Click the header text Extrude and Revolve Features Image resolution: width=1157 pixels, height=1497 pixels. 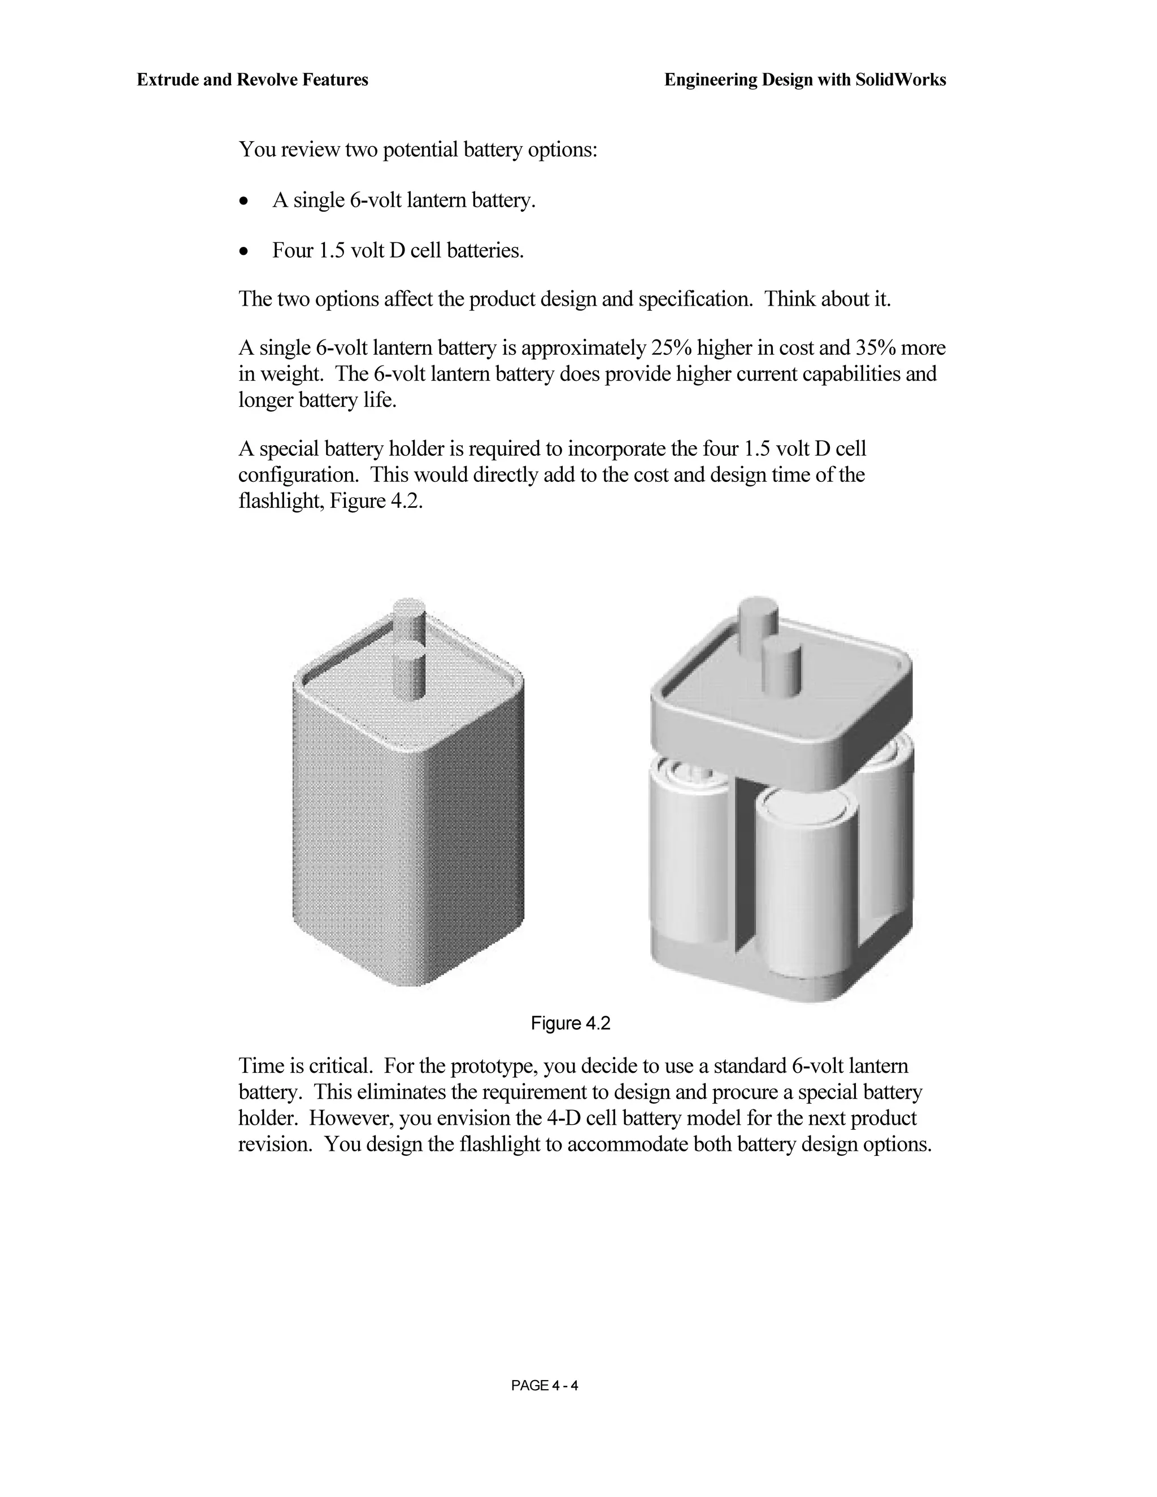[x=252, y=80]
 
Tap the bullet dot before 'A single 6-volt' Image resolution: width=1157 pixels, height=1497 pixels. [x=243, y=202]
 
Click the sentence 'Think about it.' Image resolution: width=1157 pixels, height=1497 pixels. [x=827, y=299]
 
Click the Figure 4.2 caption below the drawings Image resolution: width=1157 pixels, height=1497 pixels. [x=570, y=1024]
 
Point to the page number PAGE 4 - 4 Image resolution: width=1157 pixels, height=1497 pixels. [x=544, y=1386]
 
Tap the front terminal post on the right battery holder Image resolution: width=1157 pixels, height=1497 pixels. [x=782, y=668]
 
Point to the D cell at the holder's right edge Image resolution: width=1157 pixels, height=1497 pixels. [x=888, y=836]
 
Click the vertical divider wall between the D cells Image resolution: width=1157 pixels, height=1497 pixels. [x=743, y=871]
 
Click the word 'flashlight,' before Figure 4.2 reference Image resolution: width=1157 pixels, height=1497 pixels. [x=282, y=502]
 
